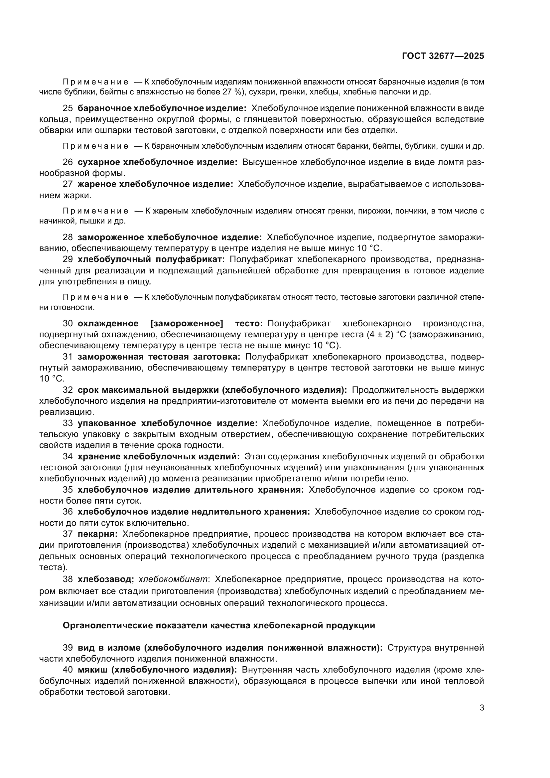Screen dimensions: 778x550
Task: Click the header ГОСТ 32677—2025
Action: pyautogui.click(x=443, y=56)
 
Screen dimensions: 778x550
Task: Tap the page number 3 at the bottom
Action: pyautogui.click(x=481, y=708)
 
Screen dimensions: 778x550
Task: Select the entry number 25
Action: pyautogui.click(x=68, y=108)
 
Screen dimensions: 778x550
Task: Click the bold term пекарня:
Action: pyautogui.click(x=97, y=534)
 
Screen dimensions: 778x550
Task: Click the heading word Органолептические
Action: pyautogui.click(x=107, y=626)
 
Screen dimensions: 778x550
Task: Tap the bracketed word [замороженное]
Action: pyautogui.click(x=187, y=323)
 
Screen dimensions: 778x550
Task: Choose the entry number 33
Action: pyautogui.click(x=68, y=423)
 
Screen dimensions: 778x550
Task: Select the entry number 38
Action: pyautogui.click(x=68, y=579)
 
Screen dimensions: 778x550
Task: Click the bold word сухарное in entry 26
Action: pyautogui.click(x=98, y=162)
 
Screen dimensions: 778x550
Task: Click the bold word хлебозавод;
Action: pyautogui.click(x=106, y=579)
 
